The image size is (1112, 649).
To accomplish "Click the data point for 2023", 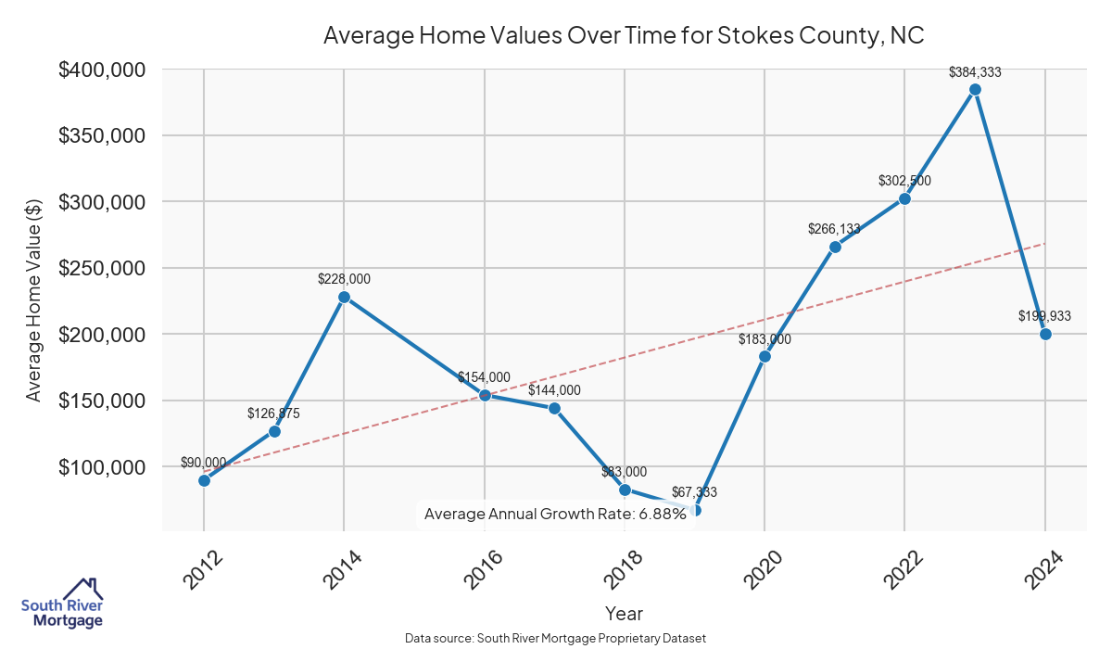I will (x=975, y=89).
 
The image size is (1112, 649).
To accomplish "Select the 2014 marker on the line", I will (x=344, y=298).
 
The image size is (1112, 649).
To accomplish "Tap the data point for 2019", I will (x=695, y=510).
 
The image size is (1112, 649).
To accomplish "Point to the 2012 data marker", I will (x=204, y=480).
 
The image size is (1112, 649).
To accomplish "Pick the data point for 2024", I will (x=1045, y=334).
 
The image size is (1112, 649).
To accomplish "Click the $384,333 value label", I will (x=975, y=71).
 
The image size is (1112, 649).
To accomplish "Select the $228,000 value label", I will (x=344, y=278).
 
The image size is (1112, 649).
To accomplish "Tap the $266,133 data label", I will (x=835, y=228).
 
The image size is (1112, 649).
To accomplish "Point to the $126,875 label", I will (x=274, y=413).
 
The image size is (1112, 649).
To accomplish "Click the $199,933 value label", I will (x=1044, y=316).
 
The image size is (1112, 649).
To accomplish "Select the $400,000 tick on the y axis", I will (x=102, y=70).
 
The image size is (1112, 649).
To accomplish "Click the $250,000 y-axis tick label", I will (x=102, y=268).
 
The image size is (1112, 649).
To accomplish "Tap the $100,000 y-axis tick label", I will (x=102, y=466).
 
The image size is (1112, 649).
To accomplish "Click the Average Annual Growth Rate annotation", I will (x=554, y=514).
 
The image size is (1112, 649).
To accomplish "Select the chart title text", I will (x=624, y=35).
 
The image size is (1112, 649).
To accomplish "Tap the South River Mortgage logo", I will (x=63, y=604).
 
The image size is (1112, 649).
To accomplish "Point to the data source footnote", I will (x=555, y=638).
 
